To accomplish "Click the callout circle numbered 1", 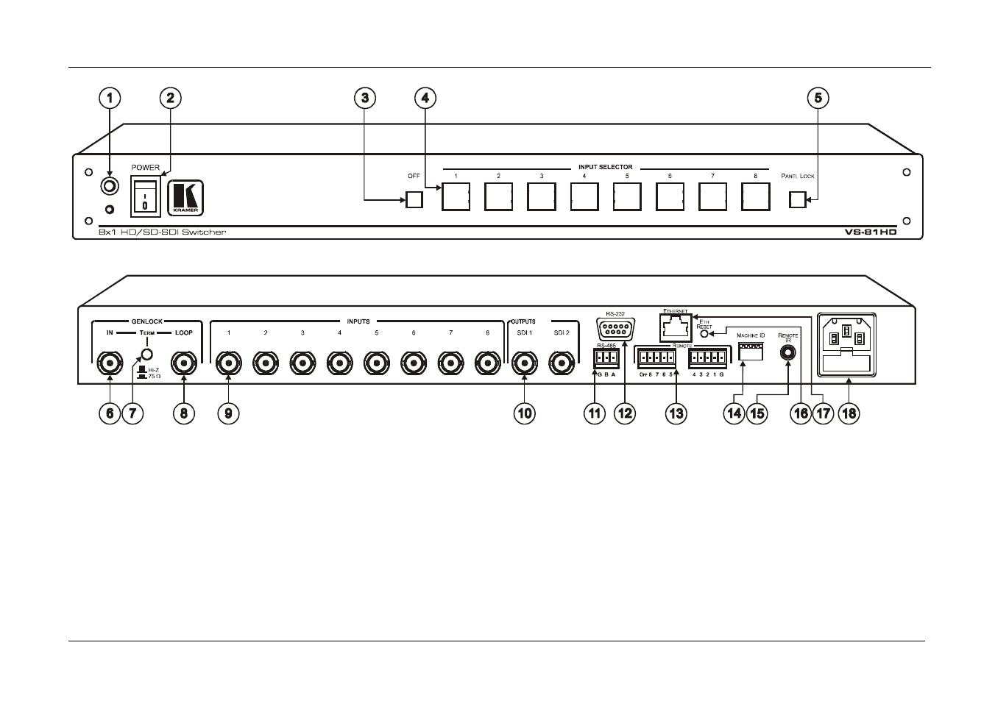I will pos(110,97).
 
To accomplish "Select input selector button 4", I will pos(584,196).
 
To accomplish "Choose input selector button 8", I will pos(755,196).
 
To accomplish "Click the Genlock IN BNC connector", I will pos(110,361).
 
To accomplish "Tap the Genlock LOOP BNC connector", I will pos(183,361).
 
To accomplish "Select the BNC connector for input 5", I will pos(376,361).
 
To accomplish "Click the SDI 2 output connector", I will pos(562,361).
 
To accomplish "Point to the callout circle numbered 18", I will pos(849,413).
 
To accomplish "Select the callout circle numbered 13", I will pos(676,413).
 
